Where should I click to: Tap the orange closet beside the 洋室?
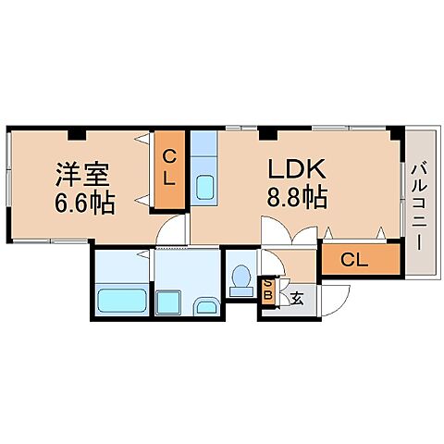pos(168,169)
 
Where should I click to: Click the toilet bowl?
pos(242,278)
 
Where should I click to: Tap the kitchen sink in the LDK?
pos(204,186)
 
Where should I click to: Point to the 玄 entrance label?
pos(297,298)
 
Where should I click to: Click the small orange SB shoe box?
pos(268,290)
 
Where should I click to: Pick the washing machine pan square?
pos(168,302)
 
